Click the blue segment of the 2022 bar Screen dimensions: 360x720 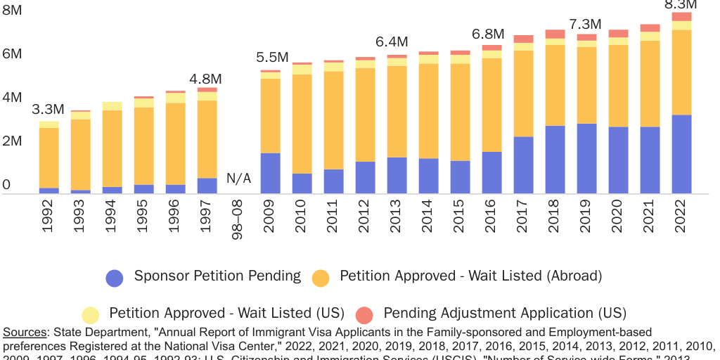tap(681, 154)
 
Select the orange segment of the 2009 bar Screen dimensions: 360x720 tap(270, 115)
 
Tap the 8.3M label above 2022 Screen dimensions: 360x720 tap(681, 5)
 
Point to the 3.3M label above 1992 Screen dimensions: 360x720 tap(49, 110)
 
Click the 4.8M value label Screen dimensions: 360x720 tap(206, 79)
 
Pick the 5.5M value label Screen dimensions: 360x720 tap(272, 58)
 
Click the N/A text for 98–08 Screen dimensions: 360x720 tap(238, 179)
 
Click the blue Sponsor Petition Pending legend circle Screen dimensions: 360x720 tap(115, 278)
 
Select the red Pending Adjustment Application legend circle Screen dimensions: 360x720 tap(364, 314)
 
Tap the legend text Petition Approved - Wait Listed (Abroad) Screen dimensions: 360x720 tap(470, 276)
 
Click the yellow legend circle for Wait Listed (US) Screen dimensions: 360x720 tap(90, 314)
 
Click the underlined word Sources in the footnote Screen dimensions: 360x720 tap(24, 332)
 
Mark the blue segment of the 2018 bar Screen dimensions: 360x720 tap(555, 160)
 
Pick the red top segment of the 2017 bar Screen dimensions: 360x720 tap(523, 39)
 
